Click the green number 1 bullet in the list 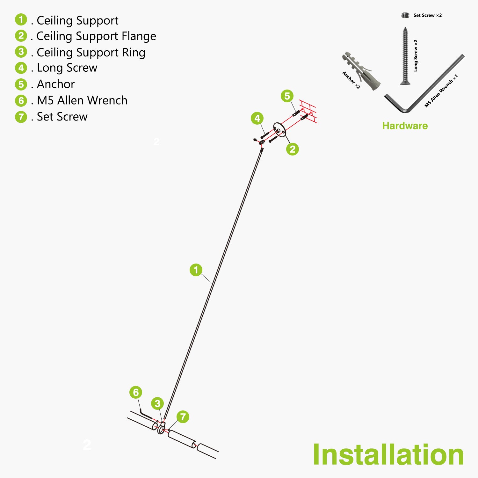click(x=21, y=20)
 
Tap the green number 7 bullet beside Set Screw click(x=21, y=117)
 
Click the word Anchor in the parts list click(x=56, y=84)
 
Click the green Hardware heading click(x=405, y=126)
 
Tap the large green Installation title click(x=388, y=455)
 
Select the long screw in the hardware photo click(x=405, y=56)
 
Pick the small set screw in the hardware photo click(x=405, y=15)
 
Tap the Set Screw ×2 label click(x=427, y=15)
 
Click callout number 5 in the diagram click(x=287, y=96)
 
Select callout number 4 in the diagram click(x=257, y=119)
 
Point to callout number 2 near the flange click(x=293, y=149)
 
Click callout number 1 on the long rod click(x=196, y=270)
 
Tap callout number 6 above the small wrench click(x=136, y=392)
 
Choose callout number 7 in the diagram click(x=183, y=417)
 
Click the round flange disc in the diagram click(x=279, y=130)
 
